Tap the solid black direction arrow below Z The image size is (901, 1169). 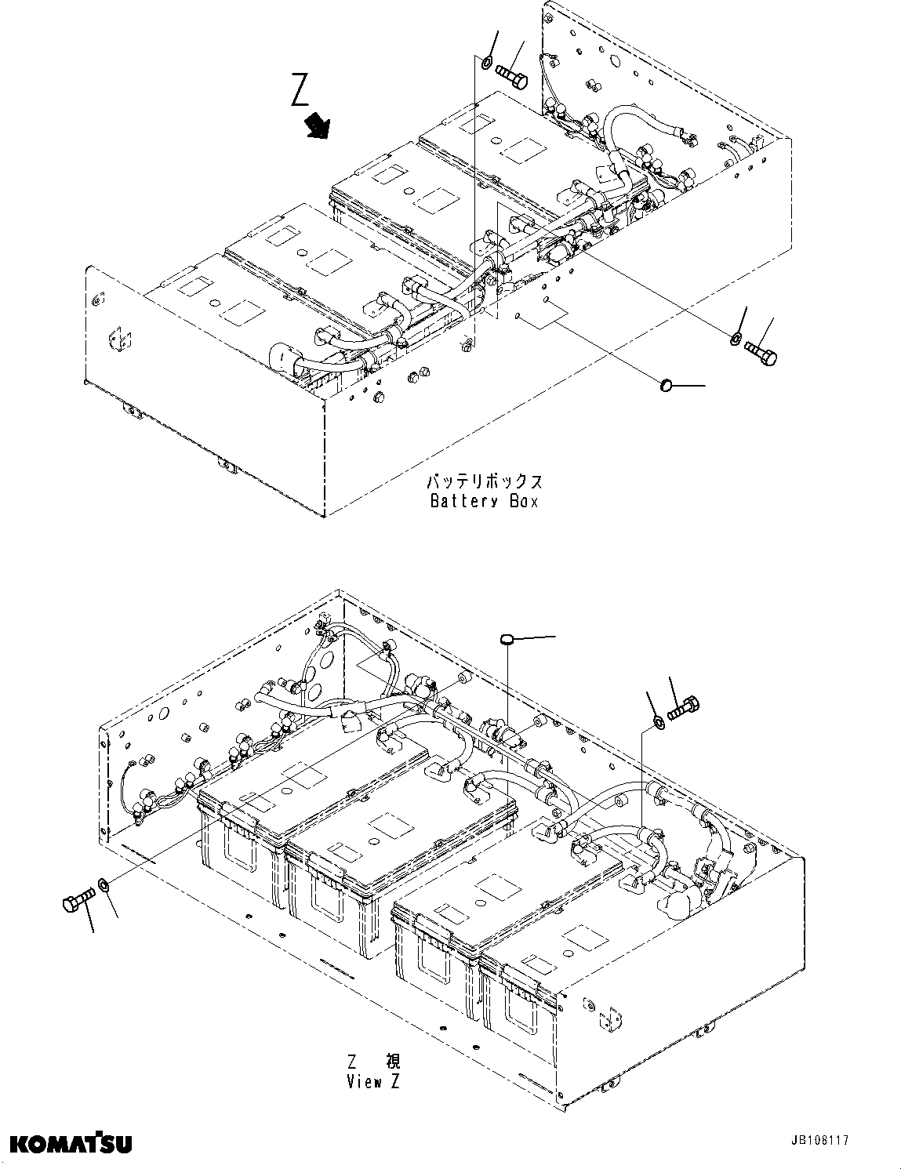[x=318, y=125]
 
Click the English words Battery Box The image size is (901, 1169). [x=484, y=501]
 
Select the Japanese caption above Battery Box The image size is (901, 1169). [x=484, y=481]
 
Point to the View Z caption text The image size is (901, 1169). [x=374, y=1082]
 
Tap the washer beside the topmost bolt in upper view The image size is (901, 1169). [x=486, y=63]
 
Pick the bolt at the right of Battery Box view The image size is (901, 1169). [x=761, y=351]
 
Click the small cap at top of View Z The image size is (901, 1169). [x=507, y=639]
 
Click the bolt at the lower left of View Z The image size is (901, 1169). [x=76, y=901]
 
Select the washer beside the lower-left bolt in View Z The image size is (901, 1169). [x=104, y=887]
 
